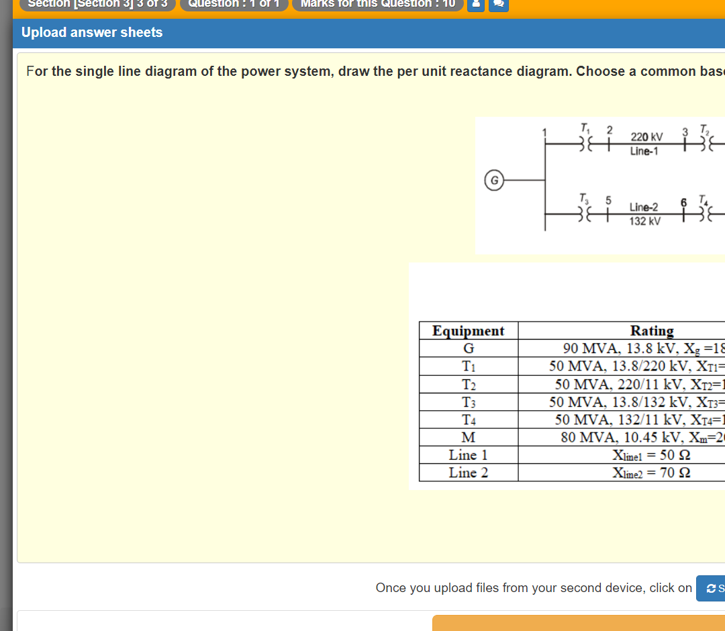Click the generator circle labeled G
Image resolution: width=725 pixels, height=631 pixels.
(x=494, y=180)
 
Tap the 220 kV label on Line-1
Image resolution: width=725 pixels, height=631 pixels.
(x=646, y=138)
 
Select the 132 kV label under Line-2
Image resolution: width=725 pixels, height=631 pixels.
(x=644, y=221)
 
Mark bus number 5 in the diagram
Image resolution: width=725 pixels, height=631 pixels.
(x=609, y=200)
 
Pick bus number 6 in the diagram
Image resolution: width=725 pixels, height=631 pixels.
(x=683, y=203)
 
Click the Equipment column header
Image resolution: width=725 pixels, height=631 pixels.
(x=469, y=331)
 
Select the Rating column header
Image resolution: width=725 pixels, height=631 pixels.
(x=652, y=331)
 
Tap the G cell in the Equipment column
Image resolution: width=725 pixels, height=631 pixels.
(x=469, y=348)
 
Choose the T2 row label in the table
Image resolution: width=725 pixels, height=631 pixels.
(x=469, y=385)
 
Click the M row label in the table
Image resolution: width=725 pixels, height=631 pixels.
(x=469, y=438)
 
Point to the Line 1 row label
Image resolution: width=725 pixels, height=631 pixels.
(x=469, y=455)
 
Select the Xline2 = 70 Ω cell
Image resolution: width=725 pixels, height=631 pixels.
(x=651, y=473)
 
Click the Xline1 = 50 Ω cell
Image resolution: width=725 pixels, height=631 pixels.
(x=651, y=455)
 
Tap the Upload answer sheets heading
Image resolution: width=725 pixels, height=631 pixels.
(x=92, y=32)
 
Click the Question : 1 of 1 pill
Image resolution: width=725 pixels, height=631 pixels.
(x=234, y=3)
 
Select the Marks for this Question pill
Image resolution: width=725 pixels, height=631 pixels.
(x=377, y=3)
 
